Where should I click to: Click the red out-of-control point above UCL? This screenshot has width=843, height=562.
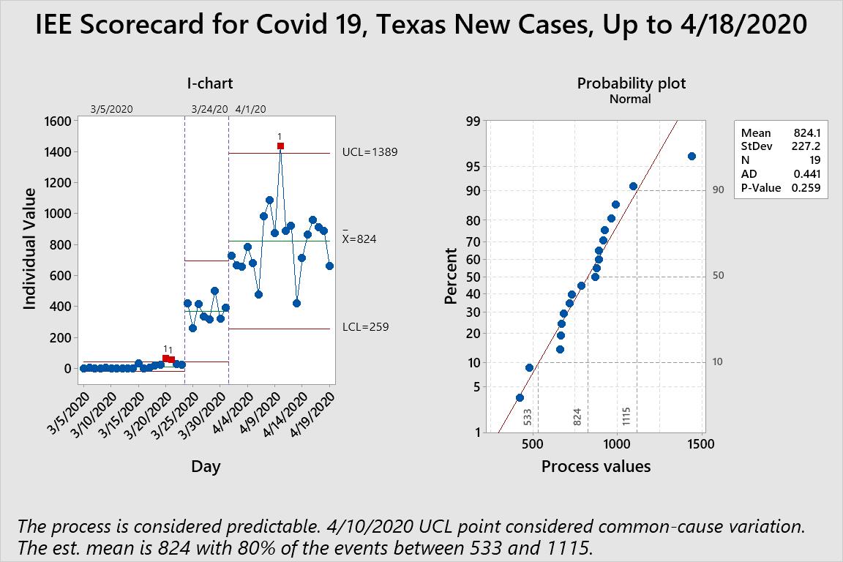(280, 146)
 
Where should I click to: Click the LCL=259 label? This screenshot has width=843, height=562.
(365, 327)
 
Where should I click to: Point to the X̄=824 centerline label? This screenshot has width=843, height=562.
(359, 239)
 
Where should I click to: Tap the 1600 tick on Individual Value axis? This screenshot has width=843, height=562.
(58, 121)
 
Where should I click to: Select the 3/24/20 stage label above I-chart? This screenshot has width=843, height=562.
(209, 109)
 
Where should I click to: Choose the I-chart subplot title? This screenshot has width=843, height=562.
(210, 83)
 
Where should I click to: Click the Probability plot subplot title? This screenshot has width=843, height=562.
(632, 83)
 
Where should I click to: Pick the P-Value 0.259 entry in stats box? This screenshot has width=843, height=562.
(780, 187)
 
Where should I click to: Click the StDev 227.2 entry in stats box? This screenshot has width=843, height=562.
(780, 146)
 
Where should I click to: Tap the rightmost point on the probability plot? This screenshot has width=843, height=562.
(692, 156)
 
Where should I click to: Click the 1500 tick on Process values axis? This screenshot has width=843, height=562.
(701, 444)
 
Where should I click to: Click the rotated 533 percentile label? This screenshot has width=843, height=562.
(528, 417)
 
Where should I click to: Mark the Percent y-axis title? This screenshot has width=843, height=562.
(451, 276)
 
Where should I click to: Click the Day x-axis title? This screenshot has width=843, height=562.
(206, 466)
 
